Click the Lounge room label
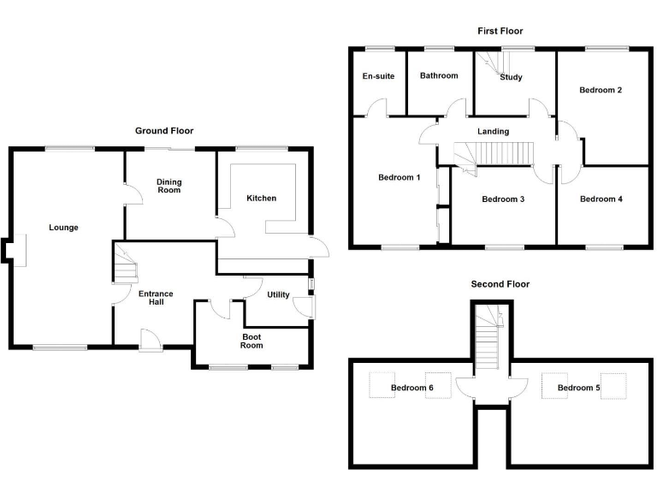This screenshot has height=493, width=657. tap(63, 228)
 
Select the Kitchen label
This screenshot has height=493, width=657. tap(261, 199)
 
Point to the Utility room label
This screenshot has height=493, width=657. tap(278, 295)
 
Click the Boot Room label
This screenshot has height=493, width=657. tap(251, 342)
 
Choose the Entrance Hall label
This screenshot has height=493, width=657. tap(156, 299)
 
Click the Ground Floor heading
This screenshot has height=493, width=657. tap(164, 131)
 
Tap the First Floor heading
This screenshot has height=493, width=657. tap(500, 31)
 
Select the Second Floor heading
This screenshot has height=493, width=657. tap(500, 284)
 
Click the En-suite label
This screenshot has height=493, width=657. tap(378, 76)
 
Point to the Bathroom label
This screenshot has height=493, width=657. tap(438, 76)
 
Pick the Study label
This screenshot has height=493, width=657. tap(511, 78)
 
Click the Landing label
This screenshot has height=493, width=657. tap(493, 132)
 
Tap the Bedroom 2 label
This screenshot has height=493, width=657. tap(600, 90)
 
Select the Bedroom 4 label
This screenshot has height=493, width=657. tap(601, 199)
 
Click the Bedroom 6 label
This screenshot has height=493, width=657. tap(412, 389)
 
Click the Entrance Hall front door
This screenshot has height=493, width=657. tap(151, 342)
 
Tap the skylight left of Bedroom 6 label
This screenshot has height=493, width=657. tap(380, 387)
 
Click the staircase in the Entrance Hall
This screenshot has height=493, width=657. tap(126, 265)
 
